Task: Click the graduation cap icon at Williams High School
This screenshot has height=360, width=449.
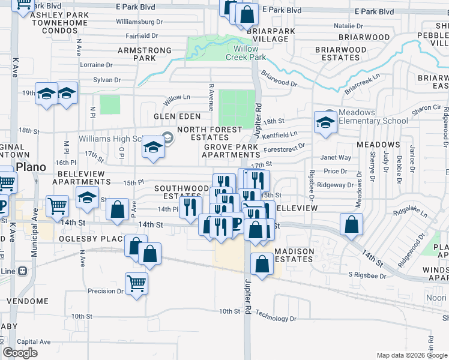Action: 154,147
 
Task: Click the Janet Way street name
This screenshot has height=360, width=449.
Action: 337,158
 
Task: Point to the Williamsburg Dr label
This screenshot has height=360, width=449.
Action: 139,22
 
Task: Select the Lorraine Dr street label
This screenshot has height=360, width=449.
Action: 95,65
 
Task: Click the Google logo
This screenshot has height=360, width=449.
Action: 20,353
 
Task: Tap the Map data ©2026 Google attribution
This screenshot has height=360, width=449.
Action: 411,355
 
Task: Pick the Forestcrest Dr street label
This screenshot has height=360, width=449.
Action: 285,145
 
